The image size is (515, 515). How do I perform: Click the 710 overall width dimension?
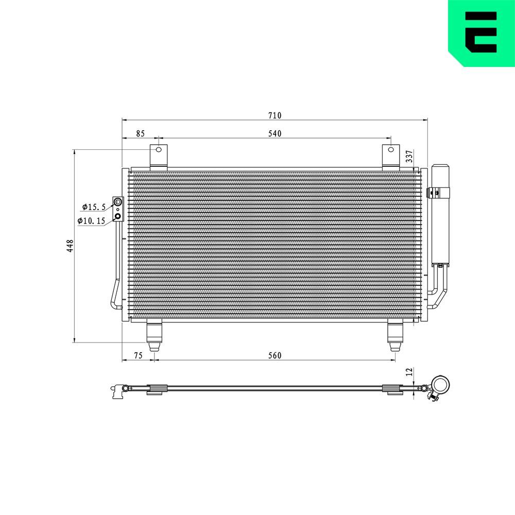[274, 115]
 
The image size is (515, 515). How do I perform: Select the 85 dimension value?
[140, 134]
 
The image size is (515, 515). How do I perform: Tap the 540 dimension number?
[274, 134]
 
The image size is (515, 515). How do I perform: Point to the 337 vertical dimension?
[409, 157]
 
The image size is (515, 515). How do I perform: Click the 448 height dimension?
[70, 246]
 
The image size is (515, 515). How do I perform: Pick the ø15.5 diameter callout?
[93, 207]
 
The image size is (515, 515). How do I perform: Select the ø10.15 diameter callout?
[91, 221]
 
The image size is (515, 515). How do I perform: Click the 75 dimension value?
[138, 355]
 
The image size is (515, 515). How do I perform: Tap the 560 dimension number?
[274, 355]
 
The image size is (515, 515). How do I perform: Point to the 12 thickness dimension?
[409, 371]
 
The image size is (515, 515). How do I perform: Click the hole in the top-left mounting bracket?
[159, 150]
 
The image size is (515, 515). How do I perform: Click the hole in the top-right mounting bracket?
[391, 150]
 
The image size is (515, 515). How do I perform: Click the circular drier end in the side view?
[440, 384]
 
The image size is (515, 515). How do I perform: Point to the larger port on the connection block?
[118, 202]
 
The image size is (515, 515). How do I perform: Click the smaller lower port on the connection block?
[118, 216]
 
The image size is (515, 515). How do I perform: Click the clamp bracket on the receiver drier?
[437, 193]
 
